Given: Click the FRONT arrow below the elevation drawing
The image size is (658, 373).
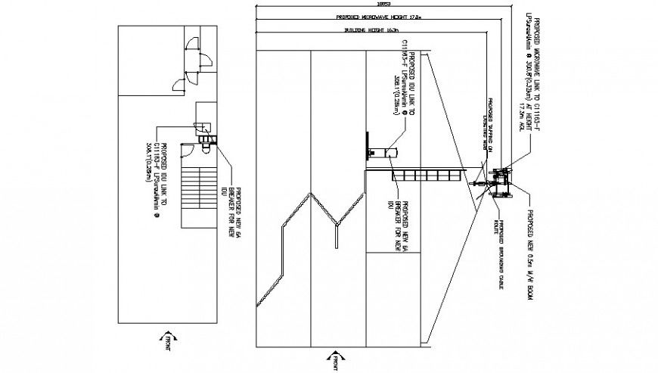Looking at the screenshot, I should tap(332, 361).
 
